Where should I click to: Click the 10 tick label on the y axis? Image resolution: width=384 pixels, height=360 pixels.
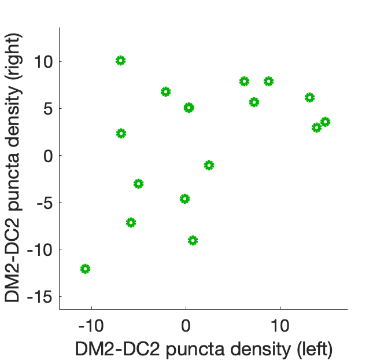(x=44, y=61)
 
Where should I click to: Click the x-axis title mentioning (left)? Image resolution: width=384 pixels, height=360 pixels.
(x=203, y=348)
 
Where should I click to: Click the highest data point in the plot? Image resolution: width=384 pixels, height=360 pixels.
(x=120, y=61)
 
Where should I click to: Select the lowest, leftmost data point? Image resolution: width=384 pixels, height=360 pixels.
(x=86, y=269)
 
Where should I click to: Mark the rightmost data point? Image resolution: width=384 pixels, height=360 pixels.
(x=326, y=122)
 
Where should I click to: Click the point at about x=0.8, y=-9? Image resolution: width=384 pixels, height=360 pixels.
(x=193, y=240)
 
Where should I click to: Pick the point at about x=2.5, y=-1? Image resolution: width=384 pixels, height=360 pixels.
(x=209, y=165)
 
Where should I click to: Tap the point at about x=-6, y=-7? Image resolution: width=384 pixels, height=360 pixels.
(x=131, y=222)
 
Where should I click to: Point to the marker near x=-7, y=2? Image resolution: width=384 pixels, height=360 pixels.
(x=121, y=133)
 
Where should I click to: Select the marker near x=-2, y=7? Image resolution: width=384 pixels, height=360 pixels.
(x=165, y=91)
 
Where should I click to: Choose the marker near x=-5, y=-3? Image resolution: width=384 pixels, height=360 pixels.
(x=138, y=184)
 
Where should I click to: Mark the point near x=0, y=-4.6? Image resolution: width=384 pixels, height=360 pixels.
(x=185, y=199)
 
